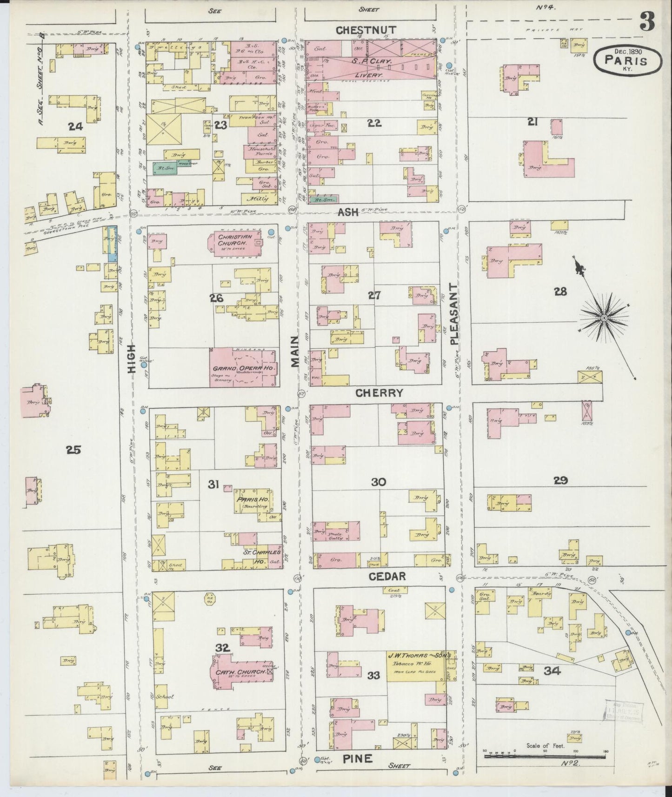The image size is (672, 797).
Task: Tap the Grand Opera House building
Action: click(x=244, y=367)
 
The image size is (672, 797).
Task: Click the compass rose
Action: click(x=604, y=318)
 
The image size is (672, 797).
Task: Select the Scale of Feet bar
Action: click(x=545, y=757)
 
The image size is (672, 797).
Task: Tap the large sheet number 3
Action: click(x=647, y=21)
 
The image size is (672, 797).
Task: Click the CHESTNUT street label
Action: click(x=366, y=30)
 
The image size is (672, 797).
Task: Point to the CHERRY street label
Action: click(x=379, y=393)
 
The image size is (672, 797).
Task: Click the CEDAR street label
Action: click(x=387, y=576)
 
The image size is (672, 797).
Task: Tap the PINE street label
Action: click(x=358, y=759)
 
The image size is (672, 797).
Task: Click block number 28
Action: click(x=560, y=292)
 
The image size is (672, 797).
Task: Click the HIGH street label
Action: click(x=132, y=359)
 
